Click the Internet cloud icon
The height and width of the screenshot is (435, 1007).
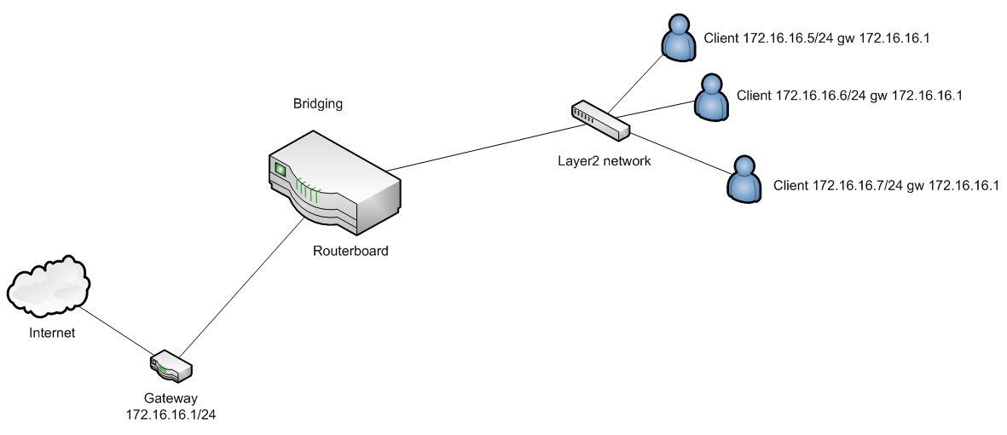click(x=49, y=286)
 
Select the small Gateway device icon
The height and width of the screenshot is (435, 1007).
click(x=170, y=366)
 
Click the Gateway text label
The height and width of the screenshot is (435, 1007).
click(x=171, y=397)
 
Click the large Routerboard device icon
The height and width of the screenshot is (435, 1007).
click(x=334, y=182)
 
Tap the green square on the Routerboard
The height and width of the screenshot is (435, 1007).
click(x=280, y=168)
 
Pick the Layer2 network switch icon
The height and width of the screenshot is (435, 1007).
click(x=600, y=119)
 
